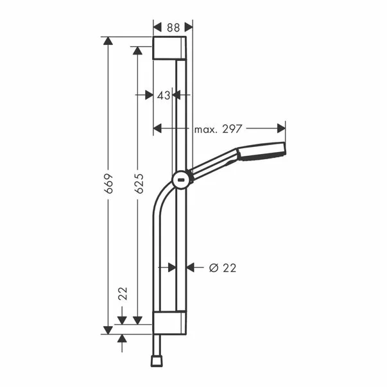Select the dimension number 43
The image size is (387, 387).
tap(164, 95)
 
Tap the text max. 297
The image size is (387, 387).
tap(218, 129)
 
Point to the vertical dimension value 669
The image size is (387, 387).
tap(109, 184)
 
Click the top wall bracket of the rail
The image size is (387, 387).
tap(170, 49)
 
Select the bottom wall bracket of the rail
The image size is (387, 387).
tap(170, 323)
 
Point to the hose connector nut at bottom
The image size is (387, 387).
tap(155, 361)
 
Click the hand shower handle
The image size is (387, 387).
tap(215, 164)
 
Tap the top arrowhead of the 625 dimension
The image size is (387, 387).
tap(137, 51)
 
